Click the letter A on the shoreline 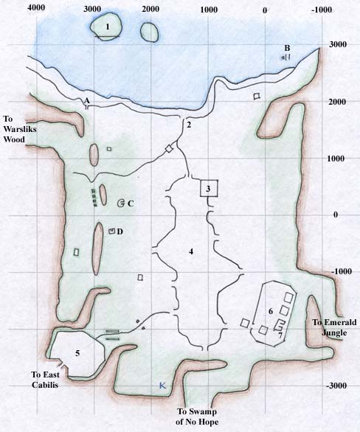coord(87,100)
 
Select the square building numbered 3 coord(209,188)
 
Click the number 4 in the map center coord(191,252)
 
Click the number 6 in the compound coord(271,311)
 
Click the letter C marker coord(130,203)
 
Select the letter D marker coord(120,231)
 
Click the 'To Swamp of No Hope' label coord(204,417)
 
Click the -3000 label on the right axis coord(339,386)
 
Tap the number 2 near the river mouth coord(190,125)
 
